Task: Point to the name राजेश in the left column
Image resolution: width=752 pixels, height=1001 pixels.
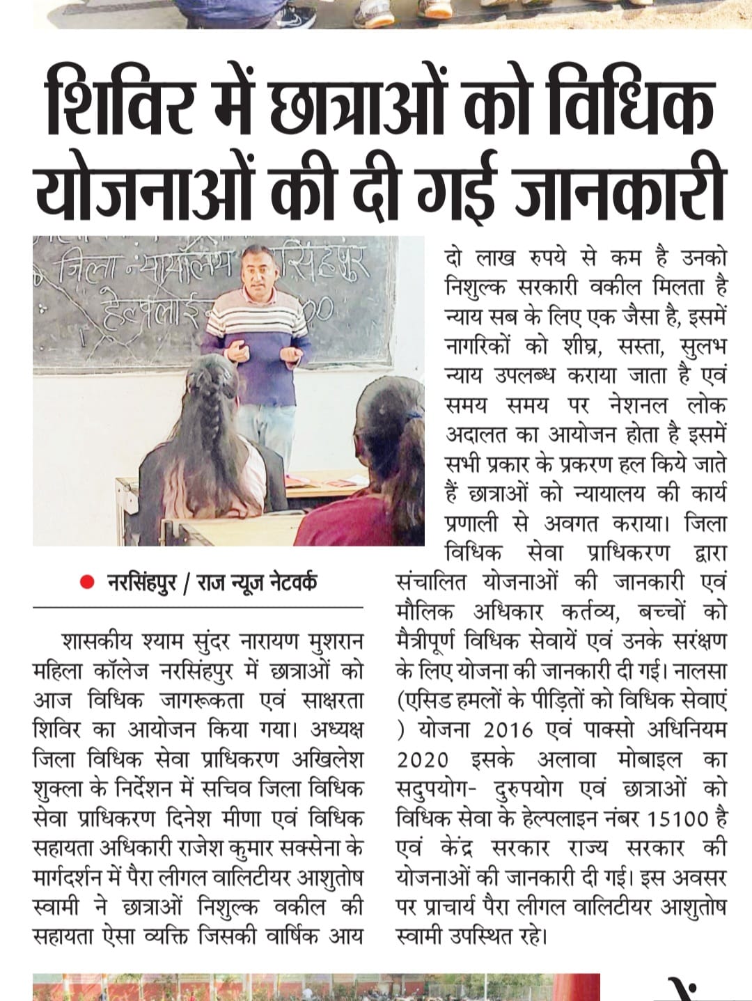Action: (x=181, y=848)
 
